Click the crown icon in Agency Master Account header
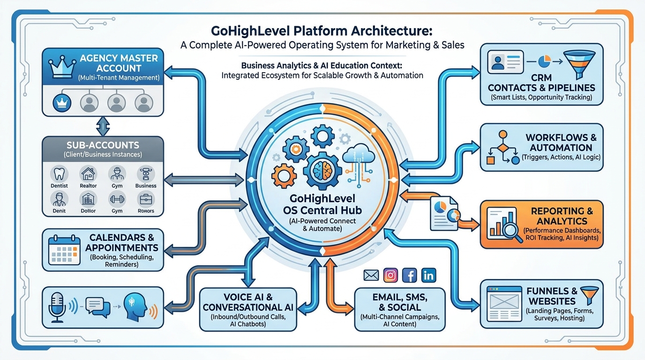point(61,66)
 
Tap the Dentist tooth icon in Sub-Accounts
point(59,174)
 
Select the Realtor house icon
point(88,174)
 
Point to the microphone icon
point(56,307)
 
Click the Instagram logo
point(390,275)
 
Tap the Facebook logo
point(409,275)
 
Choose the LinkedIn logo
point(428,275)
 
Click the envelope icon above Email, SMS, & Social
point(371,276)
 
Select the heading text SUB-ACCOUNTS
point(103,145)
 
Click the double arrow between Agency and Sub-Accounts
point(102,126)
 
